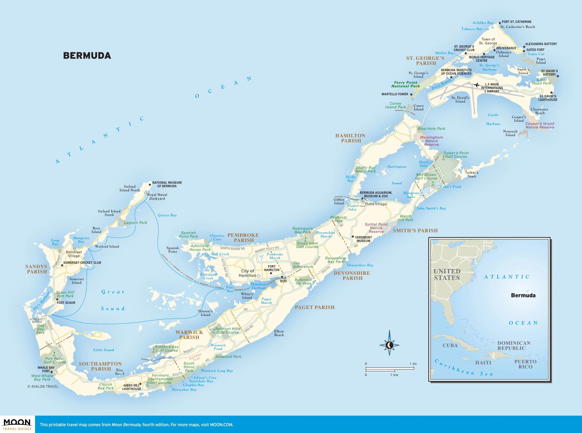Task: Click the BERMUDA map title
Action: (87, 56)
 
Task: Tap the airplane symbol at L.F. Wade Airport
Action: (477, 85)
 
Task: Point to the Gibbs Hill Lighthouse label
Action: (131, 387)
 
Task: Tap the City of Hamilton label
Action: (248, 273)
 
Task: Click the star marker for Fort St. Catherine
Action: (500, 22)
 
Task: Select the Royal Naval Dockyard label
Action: (157, 197)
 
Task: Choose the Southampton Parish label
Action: (100, 366)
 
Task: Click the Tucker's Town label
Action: (471, 174)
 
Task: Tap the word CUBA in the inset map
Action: (450, 346)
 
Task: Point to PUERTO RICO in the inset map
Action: (525, 364)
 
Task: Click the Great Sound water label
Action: (113, 300)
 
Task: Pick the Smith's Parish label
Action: (415, 231)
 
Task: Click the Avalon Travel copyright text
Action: (43, 386)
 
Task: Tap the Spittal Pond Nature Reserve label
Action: (376, 228)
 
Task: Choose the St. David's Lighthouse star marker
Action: (551, 92)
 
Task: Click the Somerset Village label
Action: (74, 254)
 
